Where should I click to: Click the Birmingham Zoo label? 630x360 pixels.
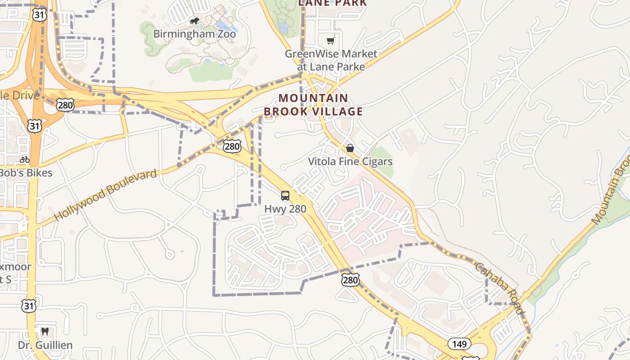coord(194,34)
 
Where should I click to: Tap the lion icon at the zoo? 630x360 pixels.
coord(194,21)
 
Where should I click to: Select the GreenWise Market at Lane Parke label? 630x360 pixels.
coord(331,60)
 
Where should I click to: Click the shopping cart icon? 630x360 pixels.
coord(331,41)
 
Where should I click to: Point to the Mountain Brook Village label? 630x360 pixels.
coord(313,104)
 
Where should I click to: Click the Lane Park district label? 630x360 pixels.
coord(332,3)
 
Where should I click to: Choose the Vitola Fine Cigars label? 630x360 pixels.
coord(350,162)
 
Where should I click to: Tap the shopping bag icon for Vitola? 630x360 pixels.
coord(350,148)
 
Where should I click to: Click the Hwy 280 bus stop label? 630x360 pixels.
coord(285,209)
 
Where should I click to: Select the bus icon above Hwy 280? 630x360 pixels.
coord(285,196)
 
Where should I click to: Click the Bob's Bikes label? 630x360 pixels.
coord(25,173)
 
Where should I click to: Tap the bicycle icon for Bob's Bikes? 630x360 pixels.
coord(25,159)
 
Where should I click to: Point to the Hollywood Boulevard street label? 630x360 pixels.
coord(106,195)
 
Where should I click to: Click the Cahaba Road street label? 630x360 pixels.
coord(499,288)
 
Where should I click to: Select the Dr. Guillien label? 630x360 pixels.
coord(45,345)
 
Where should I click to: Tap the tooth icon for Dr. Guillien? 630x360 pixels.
coord(45,332)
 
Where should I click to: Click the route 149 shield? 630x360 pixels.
coord(459,344)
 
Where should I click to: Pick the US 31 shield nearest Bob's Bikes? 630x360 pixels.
coord(34,126)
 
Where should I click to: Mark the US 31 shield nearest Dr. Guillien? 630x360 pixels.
coord(28,306)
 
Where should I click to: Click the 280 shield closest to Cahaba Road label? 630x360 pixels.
coord(350,280)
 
